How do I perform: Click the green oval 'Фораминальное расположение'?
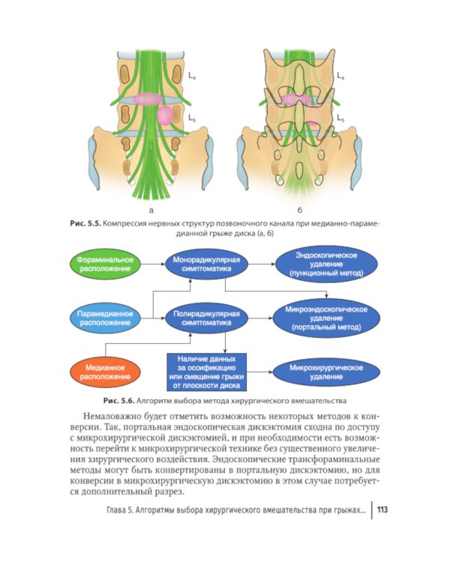105,265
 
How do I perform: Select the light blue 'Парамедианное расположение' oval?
105,318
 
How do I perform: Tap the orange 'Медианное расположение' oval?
105,372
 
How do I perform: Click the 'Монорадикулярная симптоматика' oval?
206,265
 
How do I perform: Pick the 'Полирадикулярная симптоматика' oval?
206,318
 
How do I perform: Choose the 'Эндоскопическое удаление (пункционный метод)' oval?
326,265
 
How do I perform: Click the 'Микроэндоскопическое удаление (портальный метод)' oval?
326,318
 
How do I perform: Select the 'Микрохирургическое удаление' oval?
326,372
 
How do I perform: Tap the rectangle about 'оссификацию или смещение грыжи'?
206,372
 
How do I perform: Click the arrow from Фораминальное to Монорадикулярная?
152,265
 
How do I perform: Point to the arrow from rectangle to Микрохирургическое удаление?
259,372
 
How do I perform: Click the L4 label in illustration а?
192,76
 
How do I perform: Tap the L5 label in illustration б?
340,118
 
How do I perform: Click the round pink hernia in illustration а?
165,115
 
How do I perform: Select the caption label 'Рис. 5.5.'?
86,223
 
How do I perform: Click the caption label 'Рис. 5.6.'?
118,401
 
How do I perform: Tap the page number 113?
382,510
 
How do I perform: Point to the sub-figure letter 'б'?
299,210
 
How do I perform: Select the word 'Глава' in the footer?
116,510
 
